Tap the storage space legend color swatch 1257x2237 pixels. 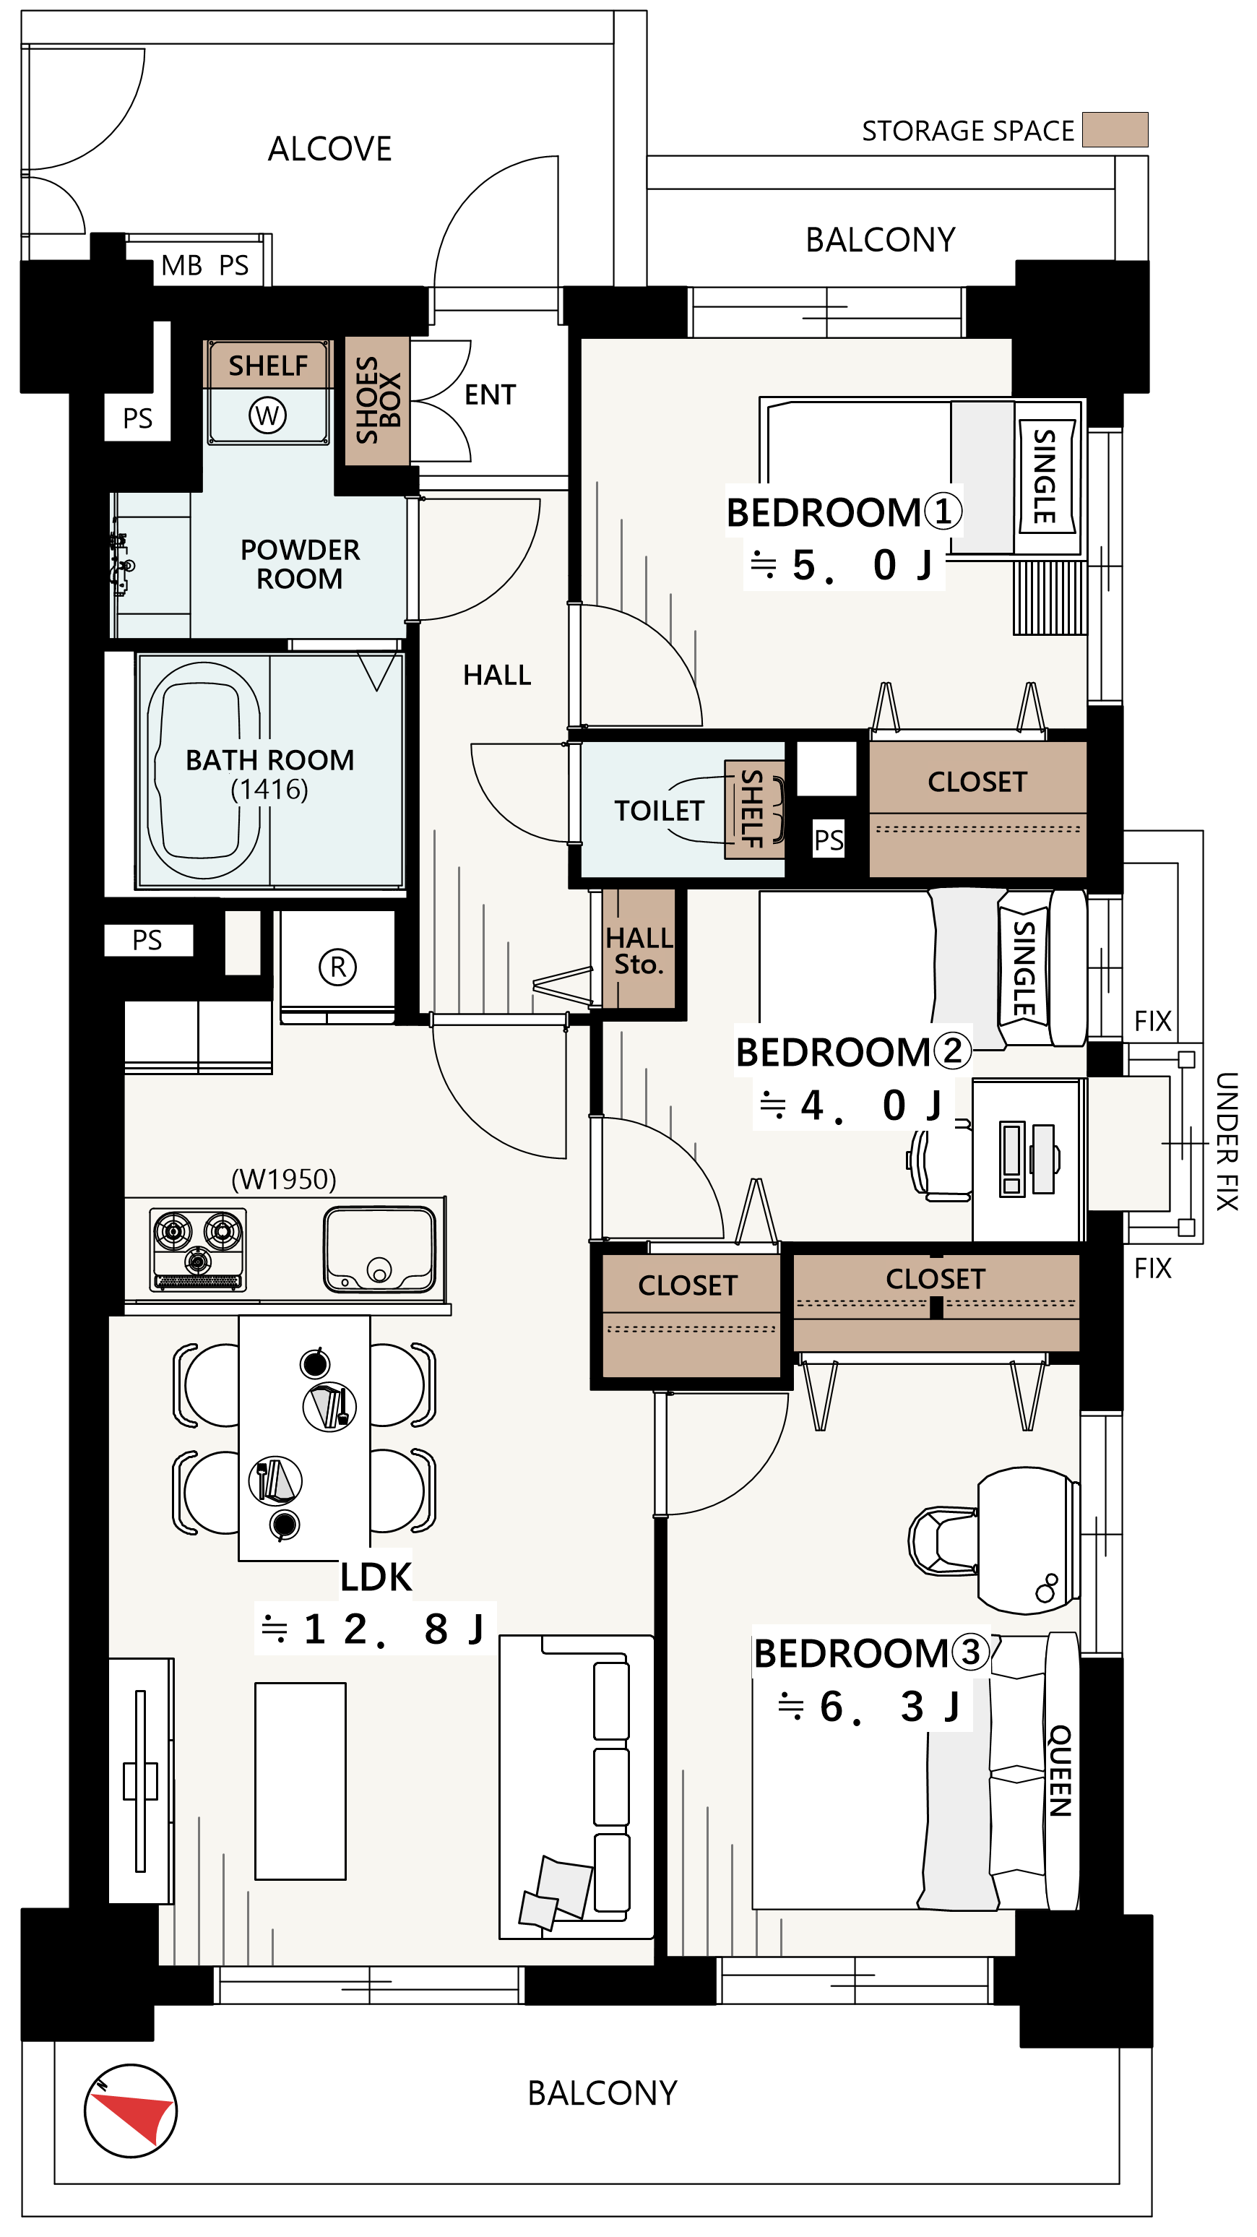pyautogui.click(x=1115, y=129)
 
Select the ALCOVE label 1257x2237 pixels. pyautogui.click(x=330, y=149)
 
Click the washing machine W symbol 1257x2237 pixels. pyautogui.click(x=267, y=415)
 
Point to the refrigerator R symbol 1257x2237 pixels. pyautogui.click(x=337, y=967)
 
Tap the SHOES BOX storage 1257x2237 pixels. pyautogui.click(x=378, y=400)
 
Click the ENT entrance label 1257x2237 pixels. pyautogui.click(x=490, y=395)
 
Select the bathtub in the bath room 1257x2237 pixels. pyautogui.click(x=204, y=770)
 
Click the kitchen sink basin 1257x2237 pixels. pyautogui.click(x=379, y=1249)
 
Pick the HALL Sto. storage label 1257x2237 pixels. pyautogui.click(x=639, y=950)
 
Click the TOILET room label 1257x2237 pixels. pyautogui.click(x=659, y=810)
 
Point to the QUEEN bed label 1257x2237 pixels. pyautogui.click(x=1061, y=1771)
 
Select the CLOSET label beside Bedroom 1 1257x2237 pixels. pyautogui.click(x=977, y=782)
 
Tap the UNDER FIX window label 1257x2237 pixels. pyautogui.click(x=1226, y=1141)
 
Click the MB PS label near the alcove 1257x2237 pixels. pyautogui.click(x=205, y=265)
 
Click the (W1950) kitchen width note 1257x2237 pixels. pyautogui.click(x=284, y=1178)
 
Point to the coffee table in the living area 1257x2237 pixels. pyautogui.click(x=301, y=1781)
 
